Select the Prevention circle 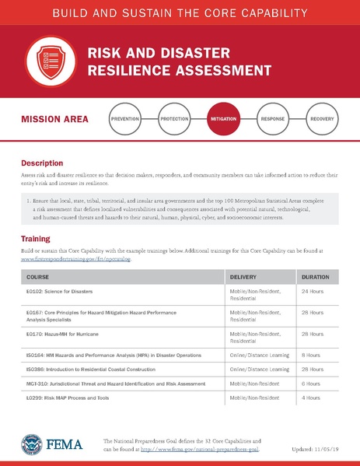tap(126, 120)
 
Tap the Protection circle tap(174, 120)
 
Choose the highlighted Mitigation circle tap(224, 120)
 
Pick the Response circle tap(273, 120)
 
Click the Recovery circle tap(321, 120)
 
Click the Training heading tap(36, 238)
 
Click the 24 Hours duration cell tap(313, 292)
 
